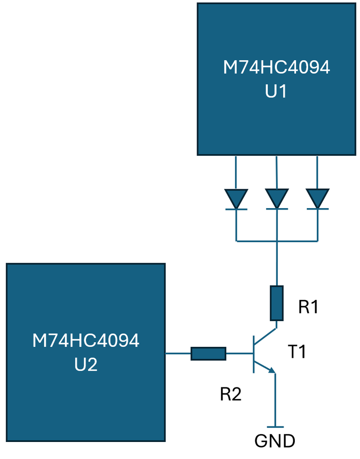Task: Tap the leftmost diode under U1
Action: coord(236,199)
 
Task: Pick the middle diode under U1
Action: coord(276,199)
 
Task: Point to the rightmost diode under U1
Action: coord(318,199)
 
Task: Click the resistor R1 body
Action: coord(276,303)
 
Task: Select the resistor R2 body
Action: coord(208,353)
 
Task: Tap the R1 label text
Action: coord(309,307)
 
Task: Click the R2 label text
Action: coord(231,394)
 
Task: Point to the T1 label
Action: coord(297,352)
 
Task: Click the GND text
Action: coord(275,441)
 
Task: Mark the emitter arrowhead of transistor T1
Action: coord(271,370)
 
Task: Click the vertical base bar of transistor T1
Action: coord(253,354)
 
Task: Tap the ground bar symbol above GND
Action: coord(275,427)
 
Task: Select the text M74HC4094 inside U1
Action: coord(276,68)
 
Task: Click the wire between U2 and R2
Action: coord(178,353)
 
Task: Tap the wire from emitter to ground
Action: coord(275,400)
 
